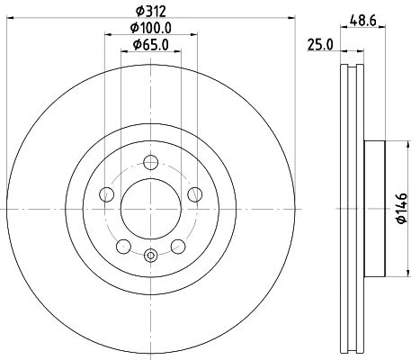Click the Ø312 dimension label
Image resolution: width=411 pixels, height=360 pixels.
(x=151, y=12)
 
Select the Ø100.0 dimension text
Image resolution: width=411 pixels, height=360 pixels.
(x=151, y=28)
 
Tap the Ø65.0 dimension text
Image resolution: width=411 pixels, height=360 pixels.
(x=151, y=45)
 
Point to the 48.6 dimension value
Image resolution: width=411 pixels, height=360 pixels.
(x=363, y=21)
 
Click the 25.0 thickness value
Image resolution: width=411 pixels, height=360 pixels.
(x=320, y=45)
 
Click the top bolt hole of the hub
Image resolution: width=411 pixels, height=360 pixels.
(x=151, y=162)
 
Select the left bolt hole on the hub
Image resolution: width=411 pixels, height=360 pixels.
(x=106, y=194)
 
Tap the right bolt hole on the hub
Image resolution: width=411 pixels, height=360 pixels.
(x=195, y=194)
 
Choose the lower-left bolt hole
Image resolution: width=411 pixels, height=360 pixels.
(x=123, y=247)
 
